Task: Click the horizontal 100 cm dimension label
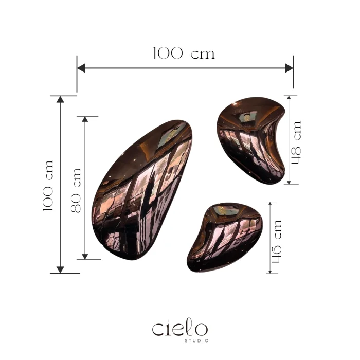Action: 184,53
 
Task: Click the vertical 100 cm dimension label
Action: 48,186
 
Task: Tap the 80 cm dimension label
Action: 76,190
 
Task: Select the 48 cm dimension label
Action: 296,142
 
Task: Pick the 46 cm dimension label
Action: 276,241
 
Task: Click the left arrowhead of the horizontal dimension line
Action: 81,68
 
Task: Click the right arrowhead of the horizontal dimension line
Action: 289,68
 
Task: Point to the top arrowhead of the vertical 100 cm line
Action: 60,99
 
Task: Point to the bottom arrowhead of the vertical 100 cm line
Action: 60,270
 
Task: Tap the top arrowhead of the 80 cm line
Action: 85,119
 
